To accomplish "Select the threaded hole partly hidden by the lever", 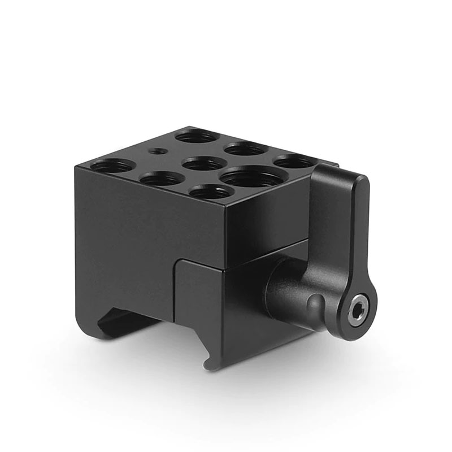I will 295,162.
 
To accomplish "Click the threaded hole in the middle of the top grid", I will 205,164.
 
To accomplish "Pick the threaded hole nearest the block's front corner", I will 211,192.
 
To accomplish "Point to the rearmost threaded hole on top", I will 197,136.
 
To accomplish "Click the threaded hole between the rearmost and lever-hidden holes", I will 246,149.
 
